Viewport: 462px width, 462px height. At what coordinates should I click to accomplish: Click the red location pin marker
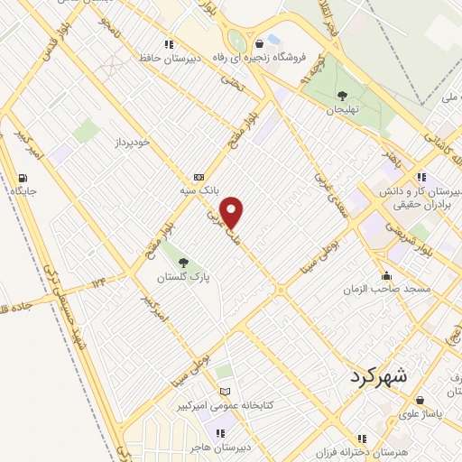[233, 212]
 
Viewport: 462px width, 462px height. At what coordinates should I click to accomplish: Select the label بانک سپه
[198, 191]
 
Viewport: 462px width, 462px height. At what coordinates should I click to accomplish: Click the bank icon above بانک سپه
[199, 178]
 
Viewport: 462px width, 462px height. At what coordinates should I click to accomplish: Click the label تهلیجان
[342, 109]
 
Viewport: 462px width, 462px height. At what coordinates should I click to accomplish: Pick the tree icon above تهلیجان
[342, 95]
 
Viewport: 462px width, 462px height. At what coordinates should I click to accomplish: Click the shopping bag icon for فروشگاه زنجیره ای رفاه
[260, 43]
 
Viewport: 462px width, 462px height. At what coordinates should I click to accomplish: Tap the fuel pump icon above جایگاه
[23, 178]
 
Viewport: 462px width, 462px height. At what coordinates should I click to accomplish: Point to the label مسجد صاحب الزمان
[386, 291]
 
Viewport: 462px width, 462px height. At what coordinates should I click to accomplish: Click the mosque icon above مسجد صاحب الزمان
[387, 276]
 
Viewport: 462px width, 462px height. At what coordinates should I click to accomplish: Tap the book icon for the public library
[225, 392]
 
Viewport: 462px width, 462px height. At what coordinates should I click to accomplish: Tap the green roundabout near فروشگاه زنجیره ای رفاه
[237, 41]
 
